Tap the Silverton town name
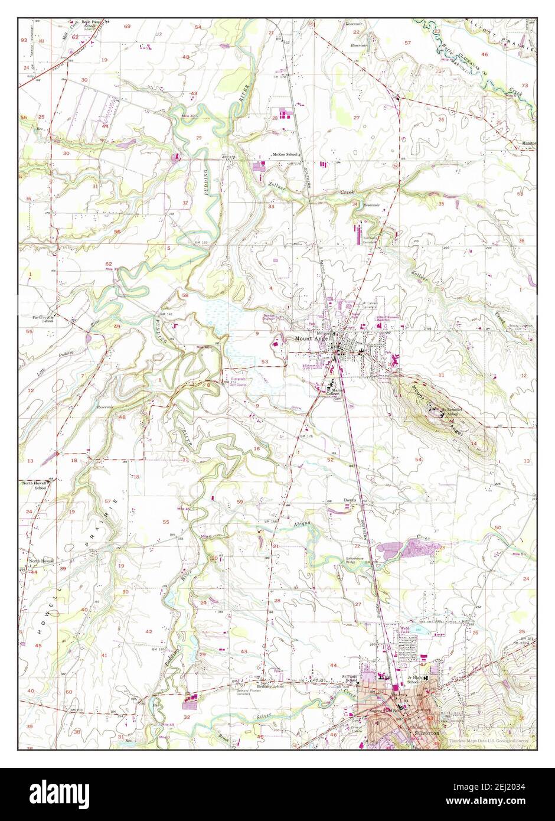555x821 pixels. click(x=428, y=731)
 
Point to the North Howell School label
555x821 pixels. click(x=34, y=485)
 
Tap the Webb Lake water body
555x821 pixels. click(x=420, y=631)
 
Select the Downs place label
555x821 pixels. click(x=351, y=500)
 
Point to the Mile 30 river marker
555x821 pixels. click(x=186, y=116)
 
